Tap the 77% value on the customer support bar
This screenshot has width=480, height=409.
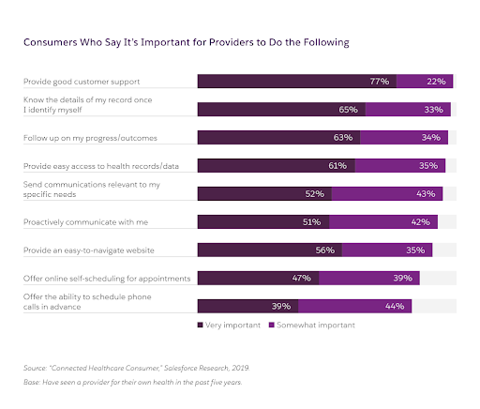click(379, 82)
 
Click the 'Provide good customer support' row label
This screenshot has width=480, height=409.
click(82, 82)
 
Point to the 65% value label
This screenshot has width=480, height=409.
click(348, 110)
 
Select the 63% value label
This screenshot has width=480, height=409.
click(342, 138)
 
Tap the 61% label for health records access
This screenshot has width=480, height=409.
click(337, 166)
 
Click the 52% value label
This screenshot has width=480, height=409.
click(315, 194)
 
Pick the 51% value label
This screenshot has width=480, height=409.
click(312, 222)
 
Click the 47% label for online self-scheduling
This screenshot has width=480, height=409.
click(303, 279)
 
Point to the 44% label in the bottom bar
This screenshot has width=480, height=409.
click(395, 307)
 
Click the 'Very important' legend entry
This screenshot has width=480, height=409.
click(230, 325)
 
